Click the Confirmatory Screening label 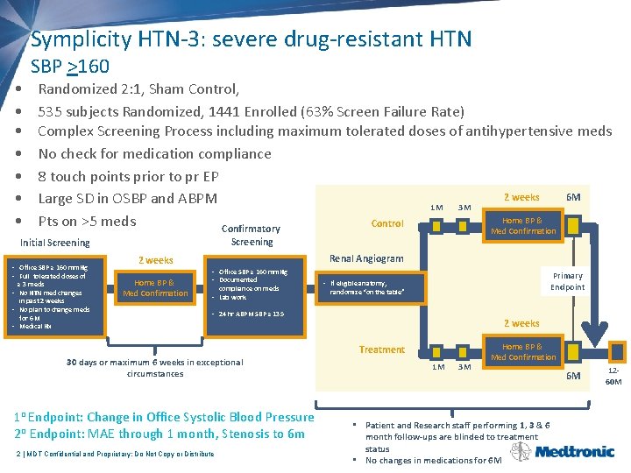[252, 235]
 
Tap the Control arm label [387, 223]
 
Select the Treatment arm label [382, 349]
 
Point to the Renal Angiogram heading [366, 258]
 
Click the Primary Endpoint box [567, 281]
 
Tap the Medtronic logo [574, 452]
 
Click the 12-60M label [613, 377]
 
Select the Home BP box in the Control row [523, 226]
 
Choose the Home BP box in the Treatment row [523, 352]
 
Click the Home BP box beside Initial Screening [155, 288]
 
